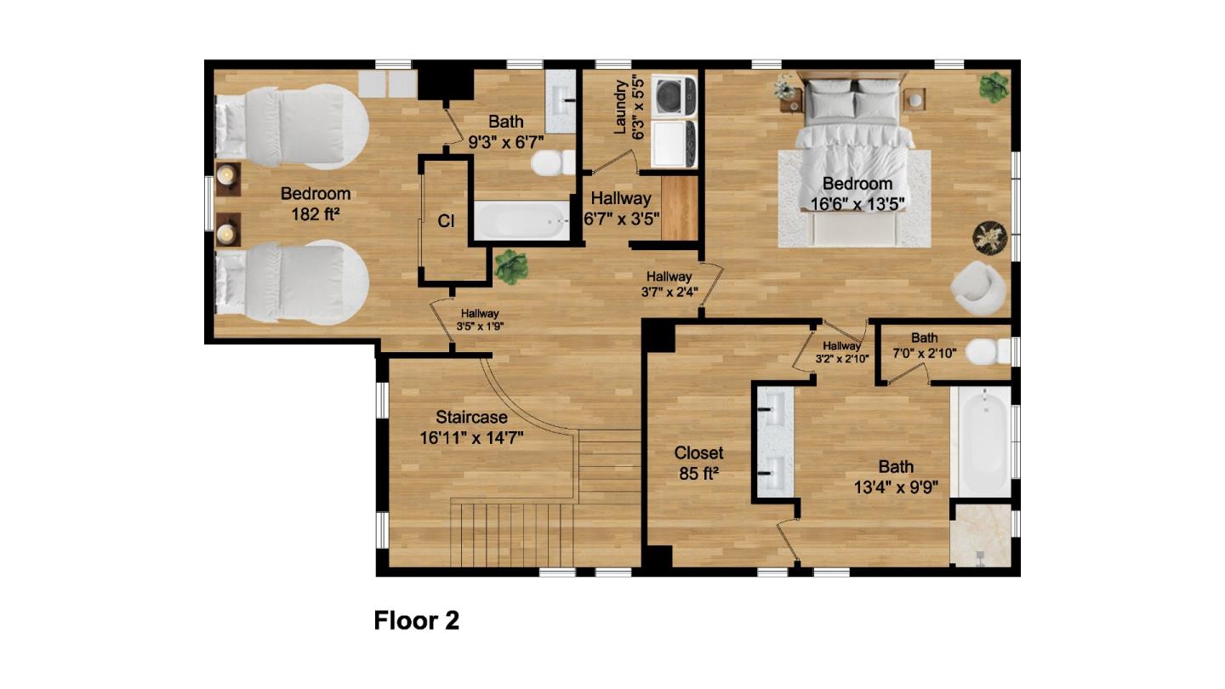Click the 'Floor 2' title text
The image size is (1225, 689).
pos(417,621)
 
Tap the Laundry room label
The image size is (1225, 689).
pos(629,108)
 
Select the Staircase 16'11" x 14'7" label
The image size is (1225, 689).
pos(471,428)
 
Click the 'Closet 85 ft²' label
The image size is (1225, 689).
pos(698,463)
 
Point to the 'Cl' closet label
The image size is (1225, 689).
pos(446,221)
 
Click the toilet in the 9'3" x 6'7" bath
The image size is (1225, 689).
pos(553,163)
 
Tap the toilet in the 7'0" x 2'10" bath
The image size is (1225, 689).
pos(989,351)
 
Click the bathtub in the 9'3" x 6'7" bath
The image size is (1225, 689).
pos(521,220)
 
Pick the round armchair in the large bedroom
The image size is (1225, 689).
pos(977,288)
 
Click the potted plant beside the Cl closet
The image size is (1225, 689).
pos(511,267)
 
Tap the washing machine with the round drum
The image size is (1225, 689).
pos(675,97)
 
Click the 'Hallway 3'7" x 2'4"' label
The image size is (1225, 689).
pos(669,284)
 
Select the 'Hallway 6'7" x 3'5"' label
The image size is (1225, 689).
pos(621,208)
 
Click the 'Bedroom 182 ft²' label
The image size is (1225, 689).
pos(316,203)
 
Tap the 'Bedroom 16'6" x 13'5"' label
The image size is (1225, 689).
pos(857,194)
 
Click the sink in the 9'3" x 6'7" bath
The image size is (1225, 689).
pos(561,101)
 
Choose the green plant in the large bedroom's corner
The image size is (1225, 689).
pos(994,88)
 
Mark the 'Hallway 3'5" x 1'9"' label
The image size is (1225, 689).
pos(480,320)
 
